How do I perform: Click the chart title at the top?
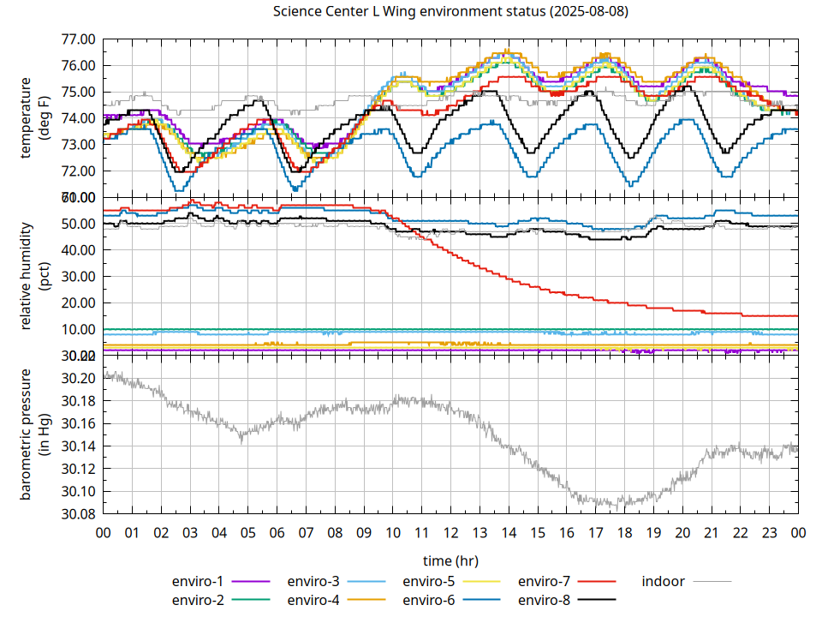point(450,12)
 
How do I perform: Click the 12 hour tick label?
point(450,533)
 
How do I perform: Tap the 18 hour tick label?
point(624,533)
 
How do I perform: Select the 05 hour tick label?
point(247,533)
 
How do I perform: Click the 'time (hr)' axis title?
point(450,560)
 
